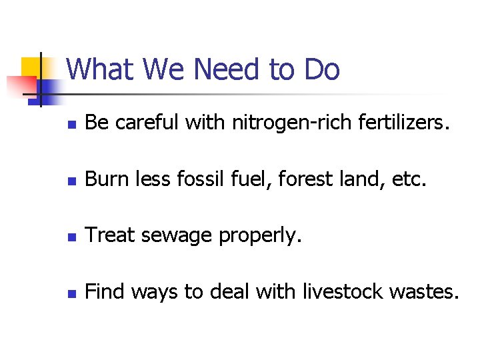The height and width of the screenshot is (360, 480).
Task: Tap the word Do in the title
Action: [x=321, y=69]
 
